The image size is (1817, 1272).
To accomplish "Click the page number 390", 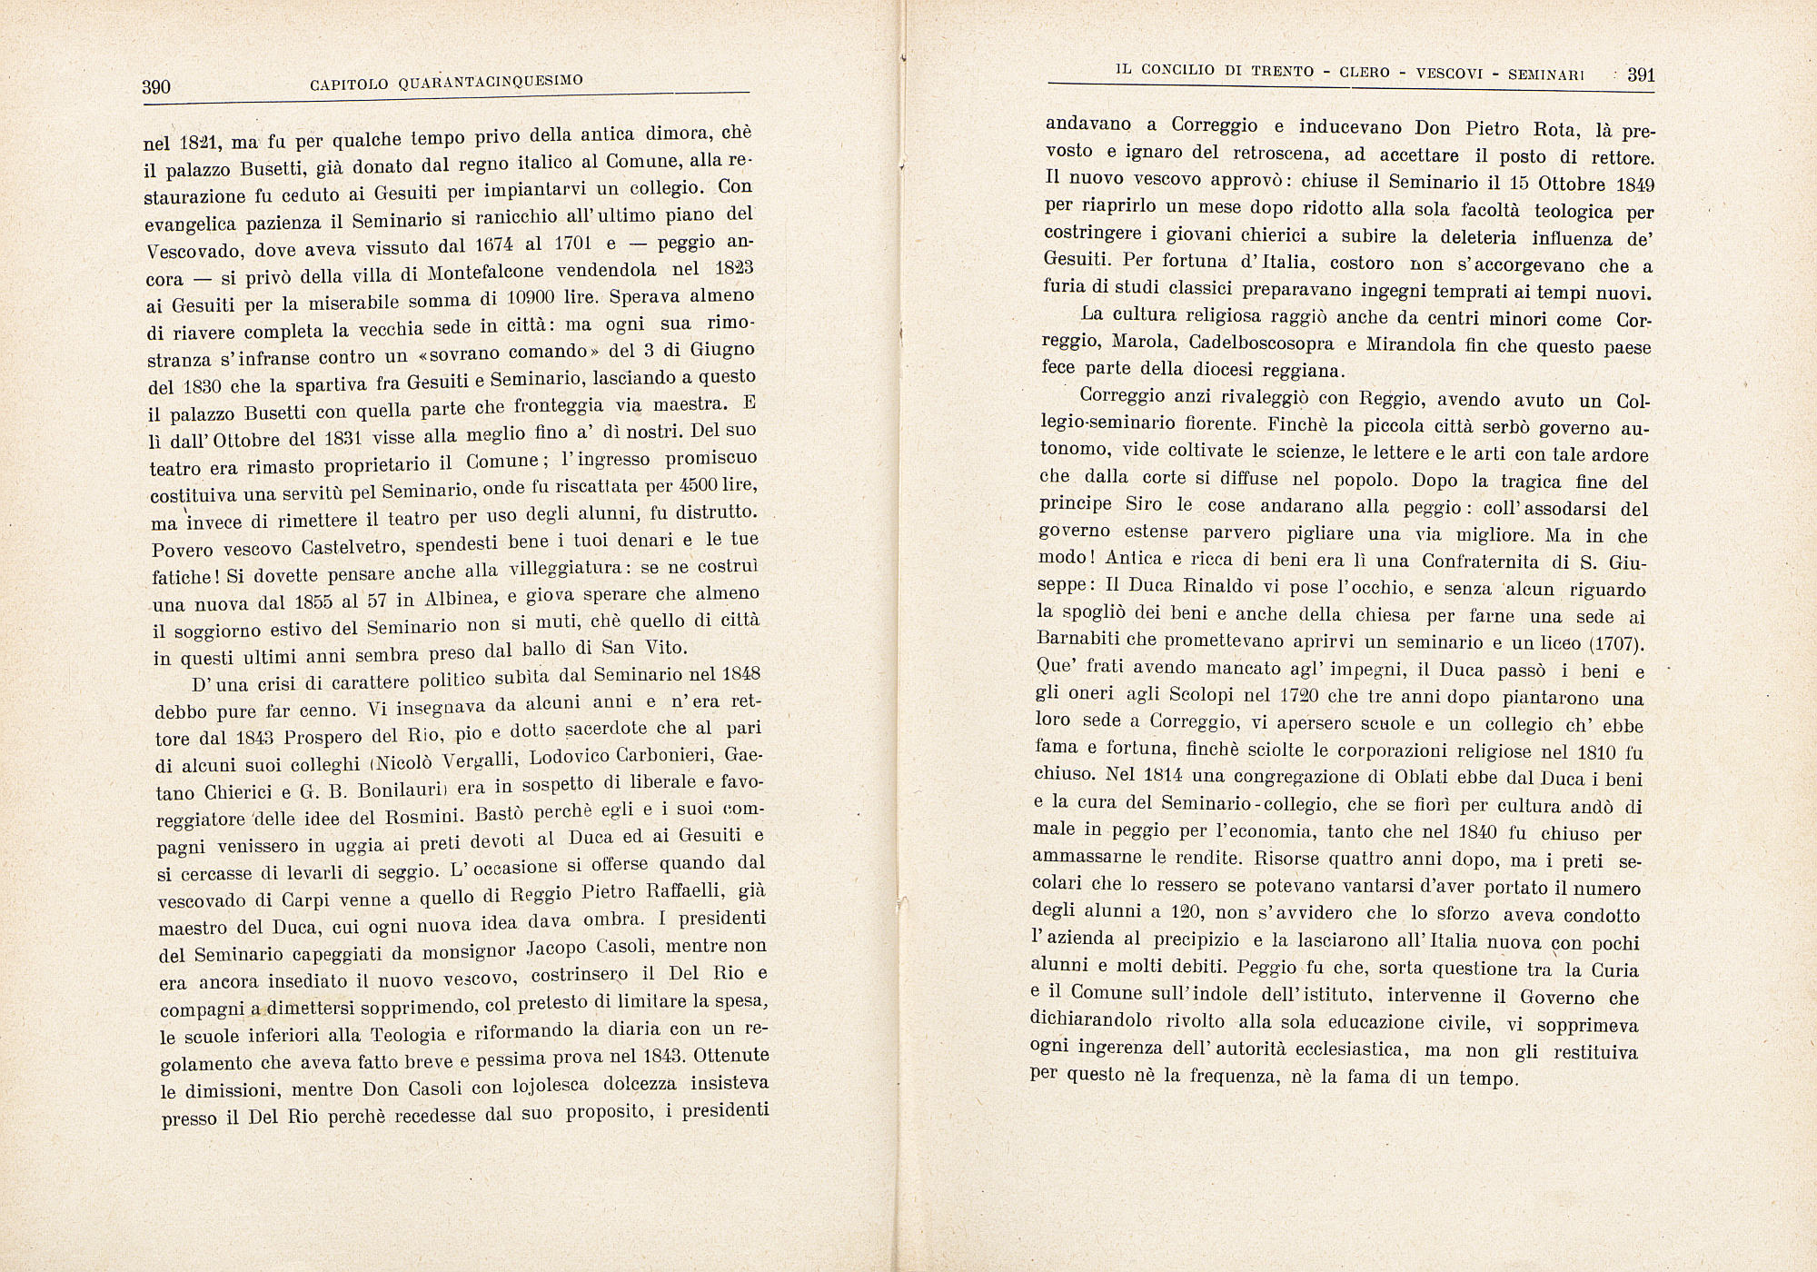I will click(156, 87).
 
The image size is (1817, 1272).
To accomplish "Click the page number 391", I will click(1641, 75).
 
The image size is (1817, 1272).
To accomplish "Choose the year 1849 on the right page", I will click(1635, 184).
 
